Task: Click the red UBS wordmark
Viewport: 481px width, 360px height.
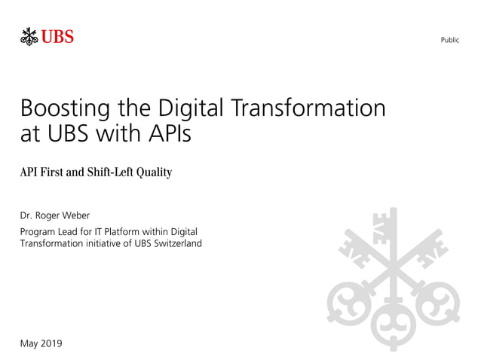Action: coord(57,36)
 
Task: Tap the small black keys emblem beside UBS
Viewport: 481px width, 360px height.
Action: coord(29,36)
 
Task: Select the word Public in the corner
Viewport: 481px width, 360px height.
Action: coord(449,40)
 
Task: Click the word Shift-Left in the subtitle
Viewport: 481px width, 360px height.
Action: coord(112,173)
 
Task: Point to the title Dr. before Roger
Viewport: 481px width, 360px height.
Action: coord(28,216)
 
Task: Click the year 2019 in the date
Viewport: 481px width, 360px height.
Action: coord(51,343)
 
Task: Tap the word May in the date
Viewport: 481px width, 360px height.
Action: coord(29,344)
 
